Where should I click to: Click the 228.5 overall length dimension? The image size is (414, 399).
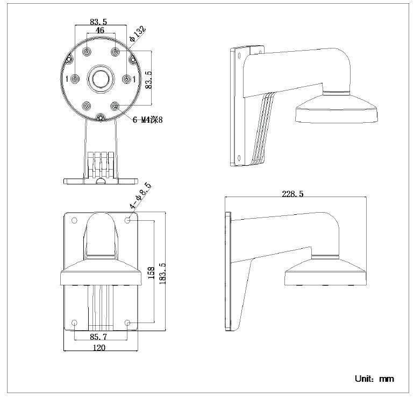coord(292,194)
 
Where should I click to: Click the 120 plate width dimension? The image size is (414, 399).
coord(99,347)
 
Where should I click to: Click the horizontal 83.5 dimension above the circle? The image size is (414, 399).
coord(98,22)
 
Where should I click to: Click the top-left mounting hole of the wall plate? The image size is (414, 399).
coord(75,220)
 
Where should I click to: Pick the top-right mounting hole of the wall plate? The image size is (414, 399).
coord(127,220)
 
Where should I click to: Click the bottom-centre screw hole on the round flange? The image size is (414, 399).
coord(100,117)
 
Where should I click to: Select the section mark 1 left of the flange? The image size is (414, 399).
coord(66,79)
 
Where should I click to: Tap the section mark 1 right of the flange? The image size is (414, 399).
coord(134,79)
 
